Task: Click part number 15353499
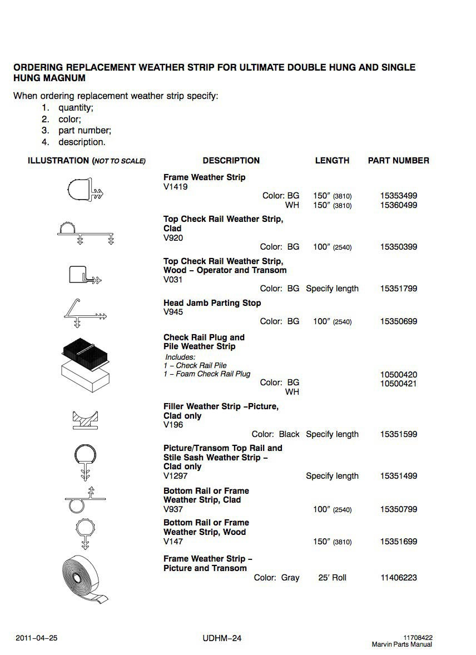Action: tap(398, 196)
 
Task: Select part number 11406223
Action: tap(398, 578)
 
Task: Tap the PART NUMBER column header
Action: tap(398, 161)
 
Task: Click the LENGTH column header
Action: tap(332, 161)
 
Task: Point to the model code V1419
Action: tap(176, 187)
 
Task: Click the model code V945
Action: tap(173, 312)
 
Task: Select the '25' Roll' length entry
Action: tap(332, 578)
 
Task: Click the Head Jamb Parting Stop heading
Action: tap(212, 303)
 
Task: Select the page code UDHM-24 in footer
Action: tap(222, 638)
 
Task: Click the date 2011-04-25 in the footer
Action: tap(37, 638)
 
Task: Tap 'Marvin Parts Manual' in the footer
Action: tap(401, 644)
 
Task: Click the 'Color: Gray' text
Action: tap(276, 578)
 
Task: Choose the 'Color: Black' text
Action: tap(275, 434)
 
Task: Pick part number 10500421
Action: tap(398, 384)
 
